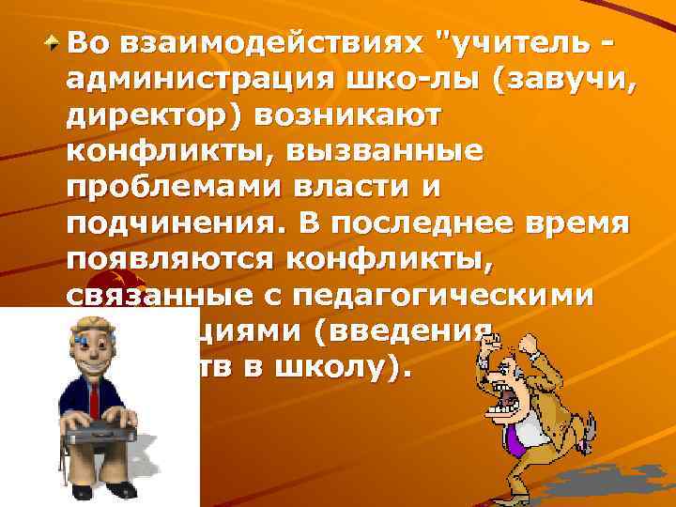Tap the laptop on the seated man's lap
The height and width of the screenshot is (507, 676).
click(98, 433)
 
